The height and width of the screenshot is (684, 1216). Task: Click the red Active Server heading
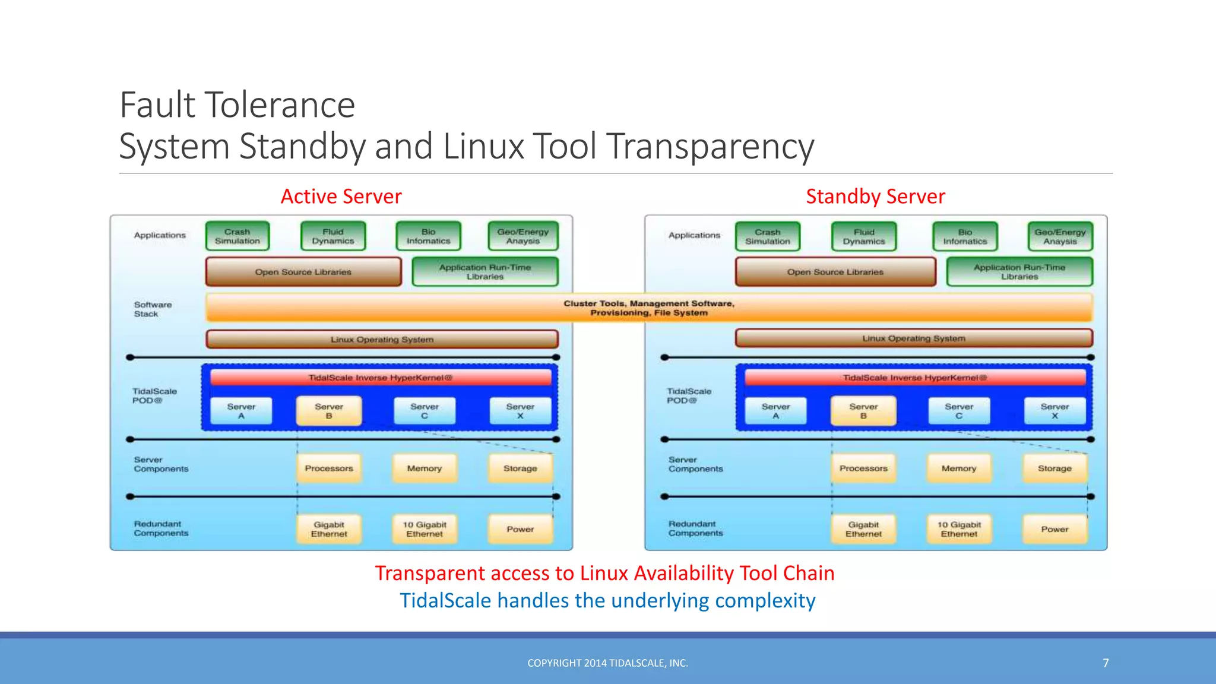coord(341,197)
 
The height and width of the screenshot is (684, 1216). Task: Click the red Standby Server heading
coord(875,197)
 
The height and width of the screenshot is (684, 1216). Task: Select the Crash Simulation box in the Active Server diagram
coord(237,236)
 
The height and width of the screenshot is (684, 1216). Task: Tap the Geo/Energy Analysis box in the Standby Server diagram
coord(1060,237)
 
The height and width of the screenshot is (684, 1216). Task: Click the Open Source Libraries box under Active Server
coord(303,272)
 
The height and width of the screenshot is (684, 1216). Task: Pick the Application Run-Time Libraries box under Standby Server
coord(1019,272)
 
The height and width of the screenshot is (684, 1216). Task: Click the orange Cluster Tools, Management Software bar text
coord(649,308)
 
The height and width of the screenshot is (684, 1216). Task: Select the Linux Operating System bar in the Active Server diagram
coord(382,340)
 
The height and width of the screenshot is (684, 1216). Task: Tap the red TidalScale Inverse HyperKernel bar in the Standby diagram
coord(914,378)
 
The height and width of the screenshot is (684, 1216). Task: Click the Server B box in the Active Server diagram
coord(329,411)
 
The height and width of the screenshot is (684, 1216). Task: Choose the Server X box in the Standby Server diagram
coord(1054,411)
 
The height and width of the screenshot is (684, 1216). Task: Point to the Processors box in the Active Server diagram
coord(329,468)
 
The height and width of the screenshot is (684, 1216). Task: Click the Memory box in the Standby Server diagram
coord(958,468)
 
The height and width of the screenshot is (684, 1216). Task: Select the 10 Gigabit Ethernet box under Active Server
coord(425,529)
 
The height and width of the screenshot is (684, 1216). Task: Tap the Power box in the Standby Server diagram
coord(1054,529)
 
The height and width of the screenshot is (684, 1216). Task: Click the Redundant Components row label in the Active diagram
coord(161,528)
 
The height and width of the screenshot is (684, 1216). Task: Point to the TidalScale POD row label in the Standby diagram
coord(689,395)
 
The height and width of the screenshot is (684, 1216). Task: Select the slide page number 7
coord(1106,663)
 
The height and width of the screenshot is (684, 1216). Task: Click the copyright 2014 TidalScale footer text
coord(607,663)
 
